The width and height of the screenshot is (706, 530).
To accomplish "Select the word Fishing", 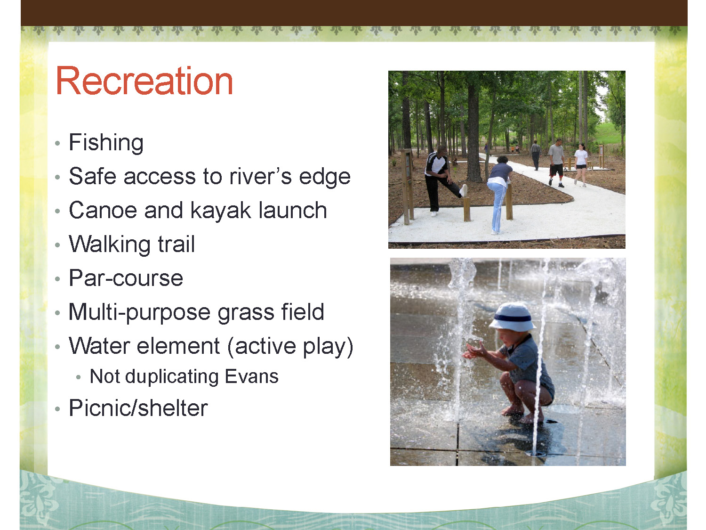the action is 106,143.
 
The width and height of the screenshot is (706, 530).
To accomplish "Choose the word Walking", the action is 110,245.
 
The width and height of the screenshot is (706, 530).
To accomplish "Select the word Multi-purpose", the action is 139,312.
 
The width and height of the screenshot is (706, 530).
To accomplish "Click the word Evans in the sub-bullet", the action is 251,376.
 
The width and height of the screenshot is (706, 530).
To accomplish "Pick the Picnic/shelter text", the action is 138,408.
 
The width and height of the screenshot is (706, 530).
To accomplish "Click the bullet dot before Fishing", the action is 57,143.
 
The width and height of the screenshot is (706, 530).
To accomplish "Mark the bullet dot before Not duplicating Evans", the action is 79,377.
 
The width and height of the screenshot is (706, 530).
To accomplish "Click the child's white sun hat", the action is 512,317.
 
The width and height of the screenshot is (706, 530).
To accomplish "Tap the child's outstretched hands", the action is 474,351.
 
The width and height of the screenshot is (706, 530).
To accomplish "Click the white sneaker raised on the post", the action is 464,190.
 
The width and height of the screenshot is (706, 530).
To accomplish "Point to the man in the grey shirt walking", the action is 557,163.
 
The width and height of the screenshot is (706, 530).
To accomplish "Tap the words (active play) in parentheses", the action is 290,347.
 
